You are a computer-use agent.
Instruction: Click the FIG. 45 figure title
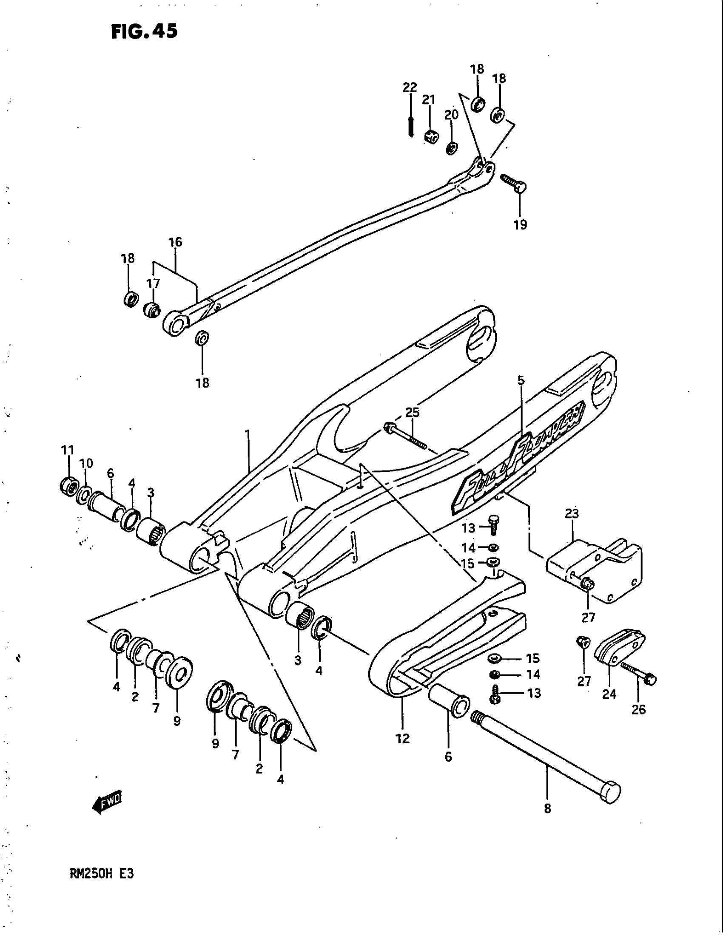(144, 32)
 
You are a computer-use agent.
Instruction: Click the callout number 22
(410, 87)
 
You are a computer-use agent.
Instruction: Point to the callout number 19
(521, 225)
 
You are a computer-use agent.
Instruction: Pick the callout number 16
(176, 242)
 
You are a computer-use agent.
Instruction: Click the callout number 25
(413, 412)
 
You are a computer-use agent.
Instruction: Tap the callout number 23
(572, 513)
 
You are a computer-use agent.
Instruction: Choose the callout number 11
(68, 450)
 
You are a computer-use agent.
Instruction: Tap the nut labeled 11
(68, 486)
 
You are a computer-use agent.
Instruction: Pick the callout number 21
(429, 100)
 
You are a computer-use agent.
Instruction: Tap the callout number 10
(86, 464)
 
